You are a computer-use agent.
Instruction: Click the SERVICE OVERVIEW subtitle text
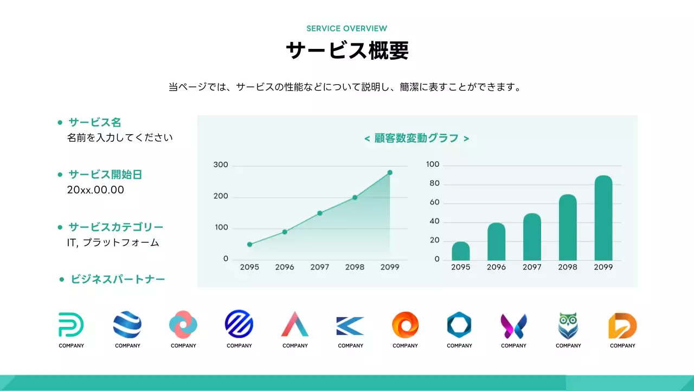346,28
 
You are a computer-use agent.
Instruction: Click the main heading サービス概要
347,51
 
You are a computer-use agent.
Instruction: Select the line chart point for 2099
390,173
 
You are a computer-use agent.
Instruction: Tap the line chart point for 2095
249,244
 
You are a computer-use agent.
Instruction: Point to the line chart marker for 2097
320,213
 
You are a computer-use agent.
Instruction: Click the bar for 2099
603,218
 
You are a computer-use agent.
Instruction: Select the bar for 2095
461,251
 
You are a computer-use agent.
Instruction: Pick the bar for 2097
532,237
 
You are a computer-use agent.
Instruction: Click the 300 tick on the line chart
221,165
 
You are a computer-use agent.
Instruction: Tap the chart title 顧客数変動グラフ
416,138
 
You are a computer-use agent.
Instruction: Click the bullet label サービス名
95,122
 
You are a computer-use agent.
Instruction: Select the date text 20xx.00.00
95,190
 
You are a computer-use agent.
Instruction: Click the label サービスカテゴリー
116,227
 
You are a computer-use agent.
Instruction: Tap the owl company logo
568,325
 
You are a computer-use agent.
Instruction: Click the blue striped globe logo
127,325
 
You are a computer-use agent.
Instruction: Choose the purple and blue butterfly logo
513,326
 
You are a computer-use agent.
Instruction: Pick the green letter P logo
71,325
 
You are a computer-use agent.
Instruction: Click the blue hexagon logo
459,325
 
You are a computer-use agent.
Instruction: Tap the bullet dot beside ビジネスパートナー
62,280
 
